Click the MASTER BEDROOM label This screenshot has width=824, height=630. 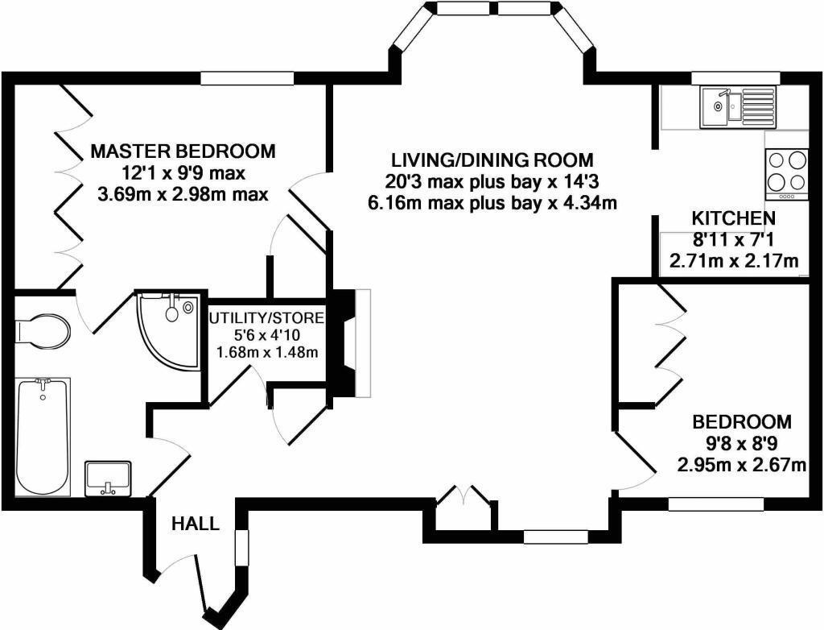(183, 151)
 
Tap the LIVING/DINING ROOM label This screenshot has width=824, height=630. (492, 159)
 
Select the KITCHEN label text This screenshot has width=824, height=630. (734, 218)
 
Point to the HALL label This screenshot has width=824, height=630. (196, 524)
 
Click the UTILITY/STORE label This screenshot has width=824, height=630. (267, 317)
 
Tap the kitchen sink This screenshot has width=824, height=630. (736, 107)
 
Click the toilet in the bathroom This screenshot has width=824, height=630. (42, 330)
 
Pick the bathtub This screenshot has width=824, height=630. (43, 436)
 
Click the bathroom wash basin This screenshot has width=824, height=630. (108, 478)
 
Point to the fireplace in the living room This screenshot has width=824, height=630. (352, 342)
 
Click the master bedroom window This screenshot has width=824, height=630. (235, 78)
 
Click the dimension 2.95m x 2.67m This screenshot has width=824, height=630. (742, 465)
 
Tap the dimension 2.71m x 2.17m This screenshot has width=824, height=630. (734, 260)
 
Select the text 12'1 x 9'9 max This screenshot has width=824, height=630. (183, 172)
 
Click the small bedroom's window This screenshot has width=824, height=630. (715, 504)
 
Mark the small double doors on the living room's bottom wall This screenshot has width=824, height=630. (464, 497)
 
